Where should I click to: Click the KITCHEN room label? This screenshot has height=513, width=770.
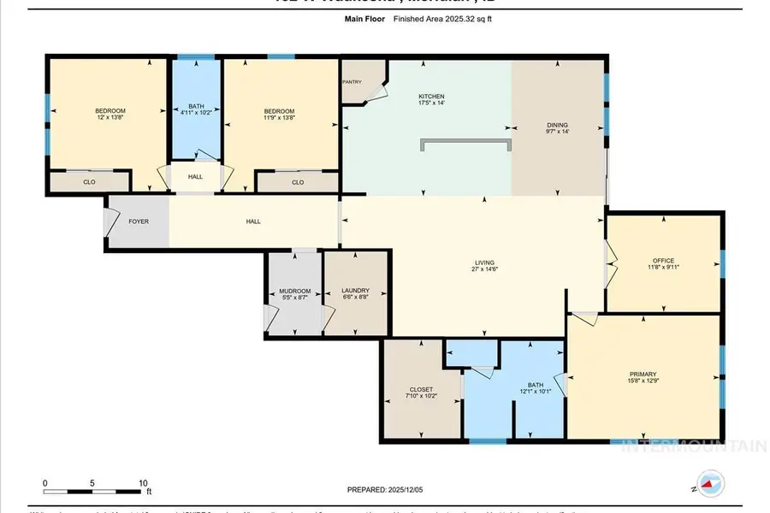click(x=430, y=97)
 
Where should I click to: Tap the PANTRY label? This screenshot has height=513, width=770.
click(x=352, y=82)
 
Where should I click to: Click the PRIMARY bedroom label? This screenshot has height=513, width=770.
click(x=643, y=374)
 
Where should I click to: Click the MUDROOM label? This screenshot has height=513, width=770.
click(x=295, y=291)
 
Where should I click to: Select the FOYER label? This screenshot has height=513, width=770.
click(x=139, y=221)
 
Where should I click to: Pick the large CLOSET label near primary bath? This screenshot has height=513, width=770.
click(x=420, y=389)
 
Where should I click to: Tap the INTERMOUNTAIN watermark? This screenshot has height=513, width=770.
click(x=693, y=445)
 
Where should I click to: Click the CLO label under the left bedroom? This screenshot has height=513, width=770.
click(x=89, y=181)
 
